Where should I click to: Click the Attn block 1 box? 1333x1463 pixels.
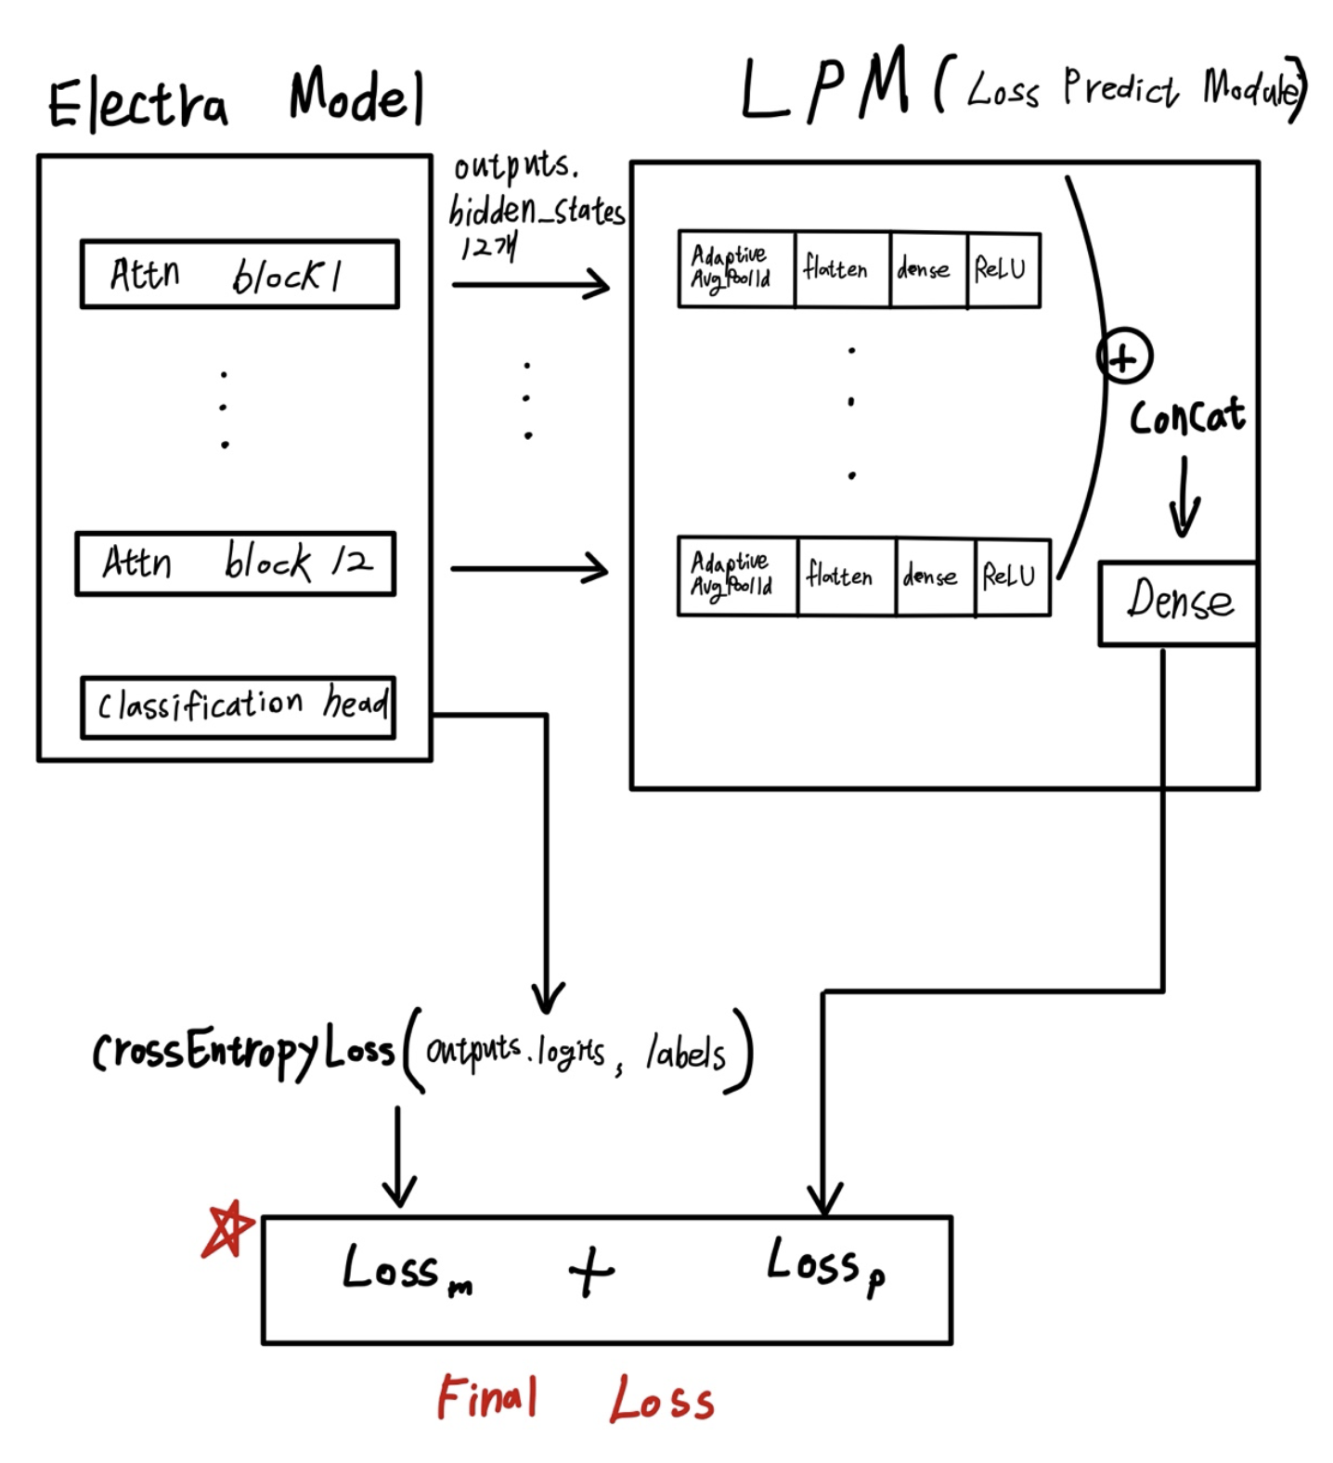(x=239, y=275)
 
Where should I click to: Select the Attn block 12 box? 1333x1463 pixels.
(x=236, y=563)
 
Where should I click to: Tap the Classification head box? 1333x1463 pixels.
(x=239, y=707)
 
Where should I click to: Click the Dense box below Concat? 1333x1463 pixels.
(x=1178, y=602)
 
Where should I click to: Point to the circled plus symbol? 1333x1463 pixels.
(x=1124, y=357)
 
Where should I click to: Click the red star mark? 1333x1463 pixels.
(x=226, y=1231)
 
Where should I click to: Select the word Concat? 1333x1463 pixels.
(x=1187, y=417)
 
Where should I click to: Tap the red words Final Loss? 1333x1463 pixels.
(x=576, y=1399)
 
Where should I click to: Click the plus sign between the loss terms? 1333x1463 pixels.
(x=591, y=1272)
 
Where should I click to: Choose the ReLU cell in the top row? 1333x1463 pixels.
(x=1003, y=270)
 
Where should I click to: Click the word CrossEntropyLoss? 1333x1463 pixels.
(x=243, y=1053)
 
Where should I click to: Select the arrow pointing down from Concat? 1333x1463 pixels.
(x=1184, y=498)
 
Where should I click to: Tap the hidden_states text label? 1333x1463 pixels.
(x=537, y=212)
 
